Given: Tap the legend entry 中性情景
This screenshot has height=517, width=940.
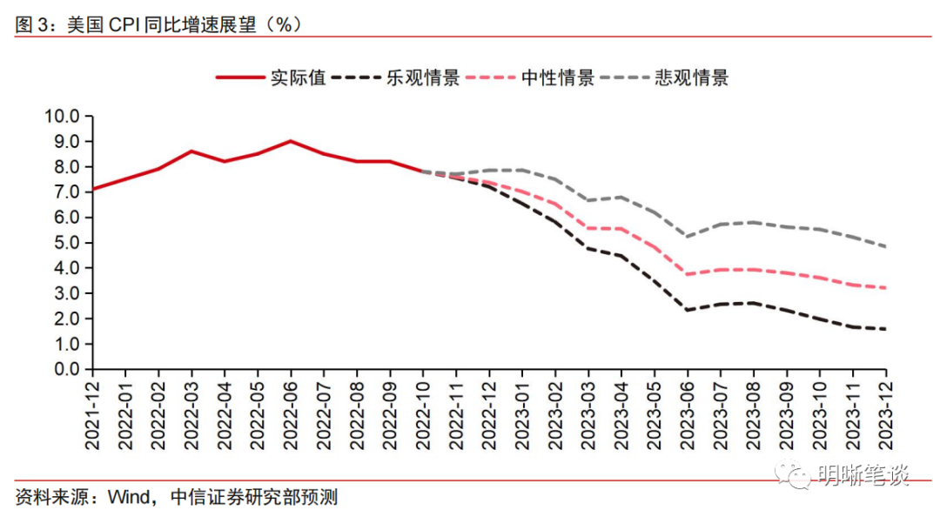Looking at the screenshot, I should pyautogui.click(x=557, y=77).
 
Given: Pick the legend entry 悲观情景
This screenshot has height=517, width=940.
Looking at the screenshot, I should pyautogui.click(x=691, y=77).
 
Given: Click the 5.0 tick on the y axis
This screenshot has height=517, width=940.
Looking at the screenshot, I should pyautogui.click(x=64, y=243).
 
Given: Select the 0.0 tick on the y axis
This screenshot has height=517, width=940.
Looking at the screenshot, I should pyautogui.click(x=64, y=369).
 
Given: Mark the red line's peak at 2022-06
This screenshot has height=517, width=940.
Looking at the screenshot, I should pyautogui.click(x=291, y=141).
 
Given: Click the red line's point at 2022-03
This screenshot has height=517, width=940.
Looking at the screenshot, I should pyautogui.click(x=191, y=151).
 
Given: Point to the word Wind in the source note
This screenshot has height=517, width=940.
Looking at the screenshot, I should pyautogui.click(x=129, y=498).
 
